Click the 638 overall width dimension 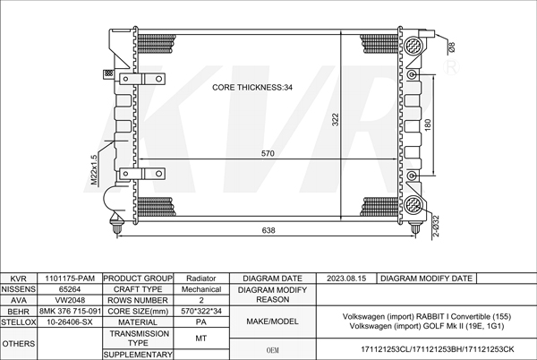pyautogui.click(x=268, y=230)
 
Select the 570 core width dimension pyautogui.click(x=268, y=153)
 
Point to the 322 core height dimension pyautogui.click(x=336, y=120)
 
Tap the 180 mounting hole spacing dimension pyautogui.click(x=428, y=124)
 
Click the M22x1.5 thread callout pyautogui.click(x=94, y=170)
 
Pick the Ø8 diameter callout pyautogui.click(x=451, y=47)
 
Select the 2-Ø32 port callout pyautogui.click(x=436, y=227)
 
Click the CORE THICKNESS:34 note pyautogui.click(x=252, y=88)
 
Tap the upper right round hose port pyautogui.click(x=413, y=46)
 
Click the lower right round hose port pyautogui.click(x=413, y=205)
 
